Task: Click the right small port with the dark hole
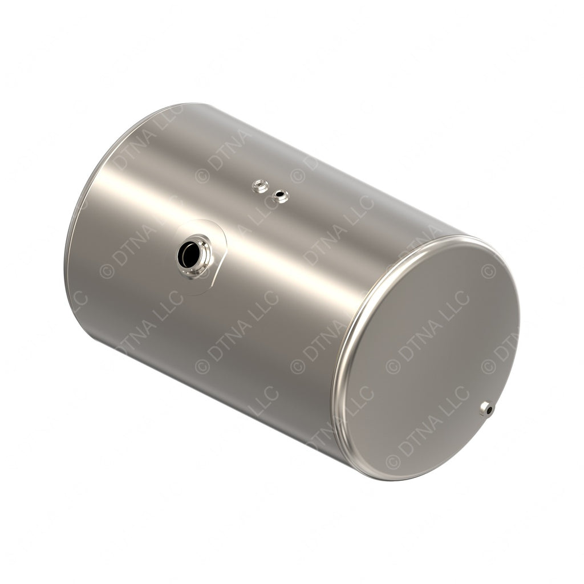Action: click(281, 197)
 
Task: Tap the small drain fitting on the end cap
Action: click(486, 408)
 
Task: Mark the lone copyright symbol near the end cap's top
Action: click(488, 271)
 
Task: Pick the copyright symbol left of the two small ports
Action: click(202, 176)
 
